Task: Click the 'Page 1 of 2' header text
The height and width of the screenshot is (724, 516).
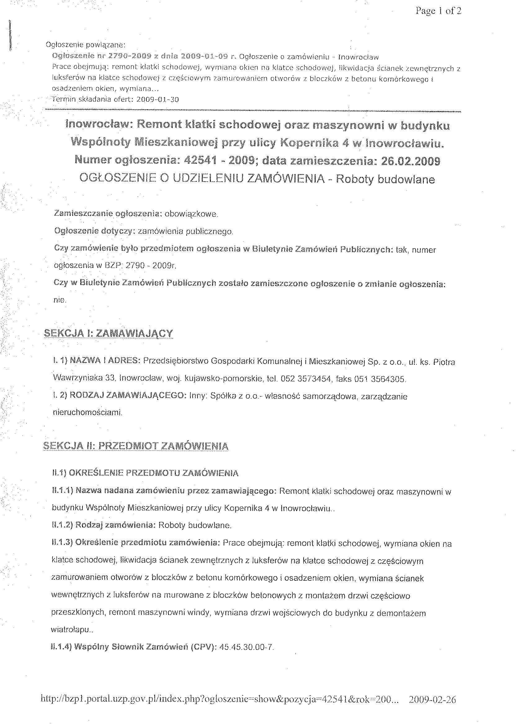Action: pyautogui.click(x=438, y=11)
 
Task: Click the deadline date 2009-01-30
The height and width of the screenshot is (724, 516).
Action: pyautogui.click(x=157, y=100)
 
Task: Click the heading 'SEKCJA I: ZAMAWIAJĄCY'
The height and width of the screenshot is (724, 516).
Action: pyautogui.click(x=108, y=333)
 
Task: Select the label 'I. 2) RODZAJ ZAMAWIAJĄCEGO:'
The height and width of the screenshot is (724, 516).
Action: pyautogui.click(x=119, y=396)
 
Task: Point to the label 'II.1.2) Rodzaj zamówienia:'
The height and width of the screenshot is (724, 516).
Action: pyautogui.click(x=104, y=525)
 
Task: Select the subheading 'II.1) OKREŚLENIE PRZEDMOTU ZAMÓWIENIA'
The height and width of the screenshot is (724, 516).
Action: pyautogui.click(x=145, y=473)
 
